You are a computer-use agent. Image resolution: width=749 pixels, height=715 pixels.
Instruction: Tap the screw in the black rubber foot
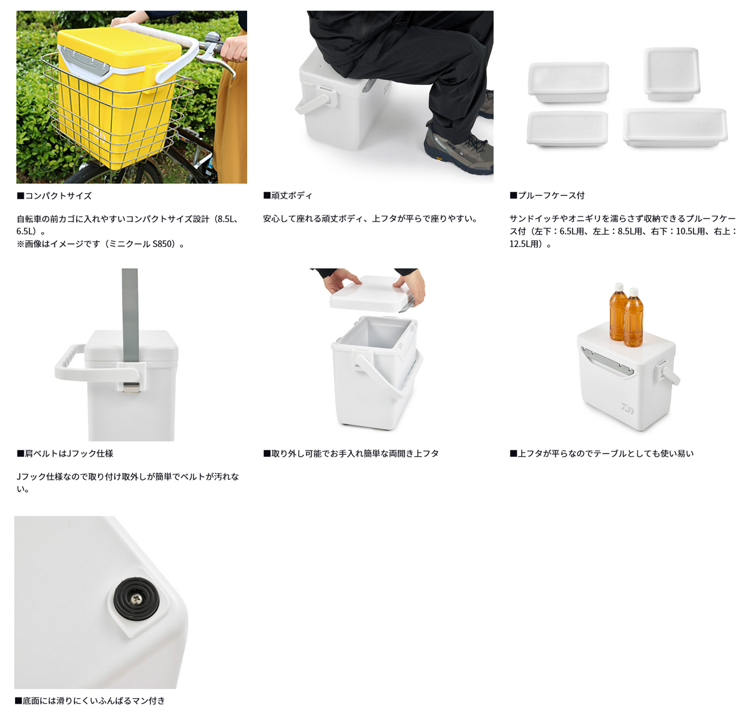136,599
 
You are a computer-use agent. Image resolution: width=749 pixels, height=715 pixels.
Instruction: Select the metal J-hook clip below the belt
131,387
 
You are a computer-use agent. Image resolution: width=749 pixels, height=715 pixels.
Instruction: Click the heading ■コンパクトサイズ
54,195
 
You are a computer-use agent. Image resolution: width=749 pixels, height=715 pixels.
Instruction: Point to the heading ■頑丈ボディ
288,195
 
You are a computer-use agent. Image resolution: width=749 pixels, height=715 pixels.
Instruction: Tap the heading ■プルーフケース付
547,195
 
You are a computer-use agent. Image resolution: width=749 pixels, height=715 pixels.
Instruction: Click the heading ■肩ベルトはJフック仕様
65,454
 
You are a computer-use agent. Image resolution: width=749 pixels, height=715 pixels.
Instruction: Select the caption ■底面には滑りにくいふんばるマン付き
90,701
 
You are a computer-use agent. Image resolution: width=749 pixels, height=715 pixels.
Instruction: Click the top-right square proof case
671,74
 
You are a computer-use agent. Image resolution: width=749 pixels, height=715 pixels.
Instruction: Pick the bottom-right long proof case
675,127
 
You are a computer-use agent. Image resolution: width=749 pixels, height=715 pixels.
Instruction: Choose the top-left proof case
569,82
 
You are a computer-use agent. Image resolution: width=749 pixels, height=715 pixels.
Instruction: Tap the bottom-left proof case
567,129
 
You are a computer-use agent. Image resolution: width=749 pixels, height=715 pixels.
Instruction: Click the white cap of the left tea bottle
619,287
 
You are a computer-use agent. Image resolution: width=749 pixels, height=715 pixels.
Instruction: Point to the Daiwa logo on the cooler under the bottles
627,407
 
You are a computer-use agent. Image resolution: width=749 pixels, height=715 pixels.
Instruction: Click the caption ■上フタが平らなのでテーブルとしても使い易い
602,454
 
